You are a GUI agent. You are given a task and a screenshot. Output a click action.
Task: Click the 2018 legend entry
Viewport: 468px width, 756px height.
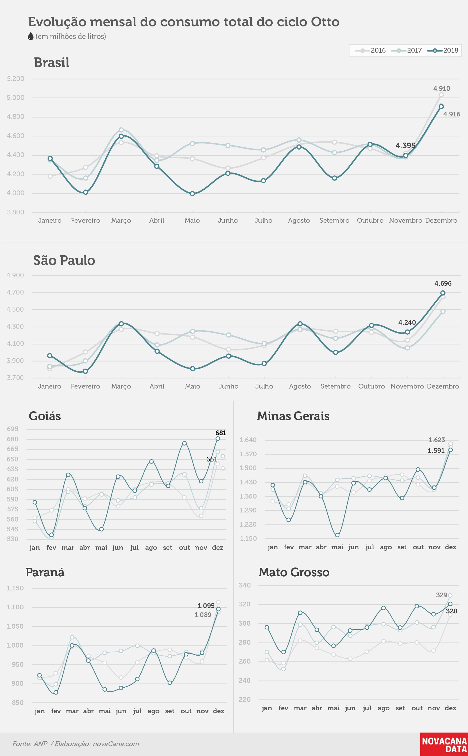pyautogui.click(x=443, y=50)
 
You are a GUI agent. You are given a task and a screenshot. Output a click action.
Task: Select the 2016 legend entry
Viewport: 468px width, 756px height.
pyautogui.click(x=370, y=50)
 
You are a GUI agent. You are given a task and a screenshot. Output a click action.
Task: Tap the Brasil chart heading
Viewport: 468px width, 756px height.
pyautogui.click(x=52, y=62)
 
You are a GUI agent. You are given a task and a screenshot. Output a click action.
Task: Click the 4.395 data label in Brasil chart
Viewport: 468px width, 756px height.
pyautogui.click(x=405, y=145)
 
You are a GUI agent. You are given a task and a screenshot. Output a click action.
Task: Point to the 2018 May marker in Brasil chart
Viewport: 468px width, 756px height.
pyautogui.click(x=192, y=194)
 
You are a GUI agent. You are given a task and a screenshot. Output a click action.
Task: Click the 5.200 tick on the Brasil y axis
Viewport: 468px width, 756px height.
pyautogui.click(x=16, y=79)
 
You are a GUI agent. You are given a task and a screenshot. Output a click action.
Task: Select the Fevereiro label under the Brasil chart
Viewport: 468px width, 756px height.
pyautogui.click(x=86, y=221)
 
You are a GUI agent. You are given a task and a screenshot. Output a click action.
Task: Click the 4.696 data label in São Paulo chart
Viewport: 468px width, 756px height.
pyautogui.click(x=443, y=283)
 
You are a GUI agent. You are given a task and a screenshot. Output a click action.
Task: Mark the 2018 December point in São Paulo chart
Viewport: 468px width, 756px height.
pyautogui.click(x=443, y=293)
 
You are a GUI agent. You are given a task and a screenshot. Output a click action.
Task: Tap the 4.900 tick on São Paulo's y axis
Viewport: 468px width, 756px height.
pyautogui.click(x=15, y=275)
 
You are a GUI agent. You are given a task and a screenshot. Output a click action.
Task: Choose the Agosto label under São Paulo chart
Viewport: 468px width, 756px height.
pyautogui.click(x=300, y=386)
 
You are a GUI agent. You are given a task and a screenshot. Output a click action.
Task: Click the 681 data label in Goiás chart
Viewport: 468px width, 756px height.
pyautogui.click(x=221, y=433)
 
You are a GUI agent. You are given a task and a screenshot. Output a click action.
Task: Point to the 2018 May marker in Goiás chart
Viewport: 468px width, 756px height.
pyautogui.click(x=102, y=529)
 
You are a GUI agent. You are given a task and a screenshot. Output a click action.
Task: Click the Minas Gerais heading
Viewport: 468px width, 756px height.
pyautogui.click(x=293, y=416)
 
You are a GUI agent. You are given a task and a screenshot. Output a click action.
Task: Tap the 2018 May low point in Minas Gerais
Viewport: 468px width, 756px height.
pyautogui.click(x=337, y=535)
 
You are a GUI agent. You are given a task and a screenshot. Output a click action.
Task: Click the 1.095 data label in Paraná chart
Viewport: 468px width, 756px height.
pyautogui.click(x=206, y=605)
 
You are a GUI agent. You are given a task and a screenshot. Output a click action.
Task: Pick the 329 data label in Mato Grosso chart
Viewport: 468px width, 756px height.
pyautogui.click(x=441, y=595)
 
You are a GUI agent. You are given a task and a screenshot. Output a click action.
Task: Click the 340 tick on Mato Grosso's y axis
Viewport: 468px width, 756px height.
pyautogui.click(x=245, y=585)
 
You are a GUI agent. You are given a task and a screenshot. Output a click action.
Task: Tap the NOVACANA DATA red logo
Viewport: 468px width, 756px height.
pyautogui.click(x=444, y=744)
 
